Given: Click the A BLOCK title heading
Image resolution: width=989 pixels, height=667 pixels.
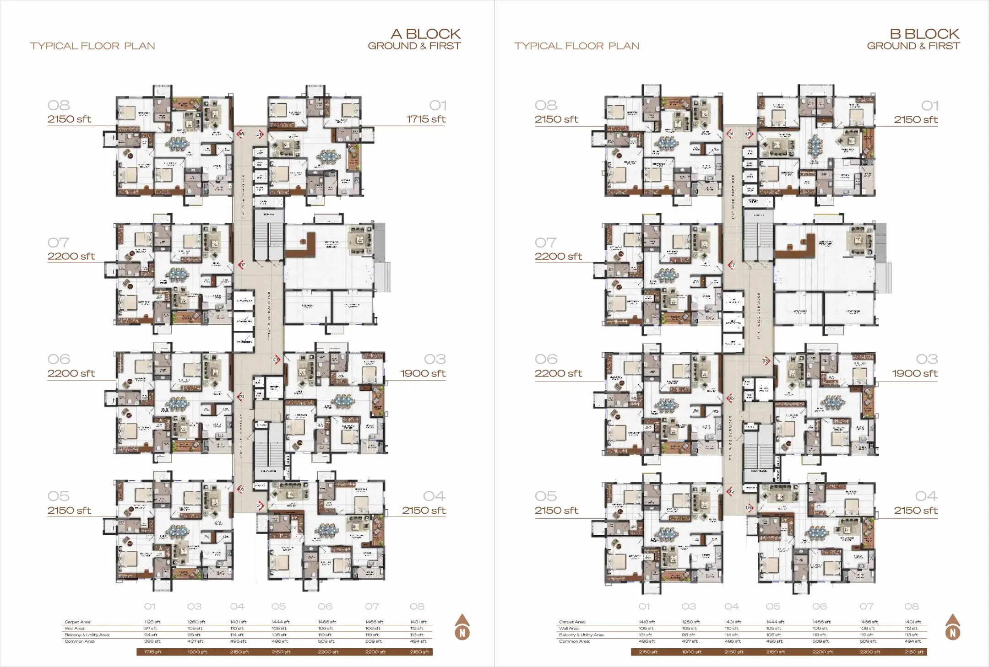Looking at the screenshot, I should coord(425,34).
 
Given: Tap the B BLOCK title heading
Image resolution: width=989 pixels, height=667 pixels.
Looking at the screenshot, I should coord(924,34).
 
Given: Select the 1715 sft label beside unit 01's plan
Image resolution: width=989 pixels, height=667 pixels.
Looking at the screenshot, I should coord(425,119).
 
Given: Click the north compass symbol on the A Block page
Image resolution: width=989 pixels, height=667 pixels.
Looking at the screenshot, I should coord(462,628).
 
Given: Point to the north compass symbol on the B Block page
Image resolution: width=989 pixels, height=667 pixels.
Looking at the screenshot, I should coord(952,628).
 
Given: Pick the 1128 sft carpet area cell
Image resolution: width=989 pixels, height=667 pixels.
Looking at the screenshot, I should coord(152,622).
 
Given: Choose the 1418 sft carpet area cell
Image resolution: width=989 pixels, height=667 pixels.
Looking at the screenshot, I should coord(647,622).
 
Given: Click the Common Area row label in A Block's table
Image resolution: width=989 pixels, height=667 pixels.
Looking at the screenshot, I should coord(80,641).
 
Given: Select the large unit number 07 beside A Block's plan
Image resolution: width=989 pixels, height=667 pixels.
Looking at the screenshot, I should coord(58,242).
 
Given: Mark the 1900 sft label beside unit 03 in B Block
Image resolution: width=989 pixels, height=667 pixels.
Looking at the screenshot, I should coord(914,374).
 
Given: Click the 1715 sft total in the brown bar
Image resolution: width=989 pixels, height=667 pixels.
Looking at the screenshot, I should coord(152,652).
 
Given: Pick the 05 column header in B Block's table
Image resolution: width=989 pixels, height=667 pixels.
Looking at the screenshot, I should coord(773,607).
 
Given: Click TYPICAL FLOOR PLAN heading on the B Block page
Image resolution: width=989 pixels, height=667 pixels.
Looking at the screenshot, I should coord(576,46).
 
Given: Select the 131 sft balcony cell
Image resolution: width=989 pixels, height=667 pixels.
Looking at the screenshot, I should coord(646,635).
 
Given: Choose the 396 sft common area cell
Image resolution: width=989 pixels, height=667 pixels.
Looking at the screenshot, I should coord(152,641).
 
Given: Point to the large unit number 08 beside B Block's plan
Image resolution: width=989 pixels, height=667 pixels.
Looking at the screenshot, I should coord(546,106).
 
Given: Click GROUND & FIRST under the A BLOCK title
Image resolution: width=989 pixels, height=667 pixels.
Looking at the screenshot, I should coord(414,46).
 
